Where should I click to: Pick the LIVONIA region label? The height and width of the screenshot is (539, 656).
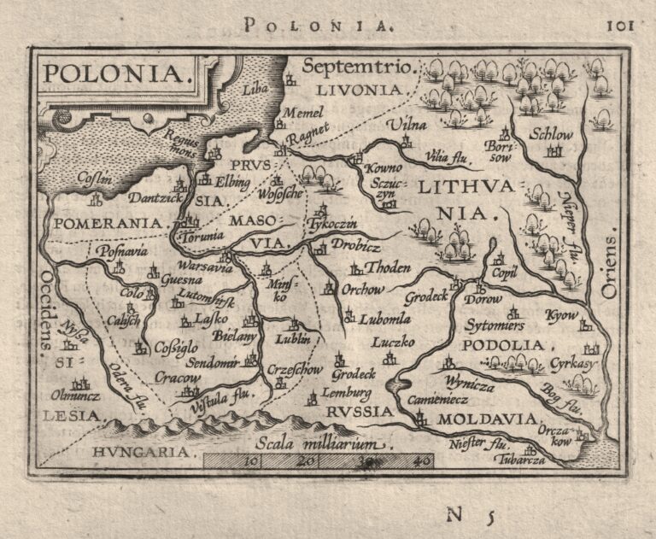(x=357, y=89)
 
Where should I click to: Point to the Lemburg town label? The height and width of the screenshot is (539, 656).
(x=347, y=394)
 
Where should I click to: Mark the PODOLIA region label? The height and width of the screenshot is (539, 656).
(x=502, y=345)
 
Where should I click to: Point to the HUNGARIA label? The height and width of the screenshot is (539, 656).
(x=128, y=450)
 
